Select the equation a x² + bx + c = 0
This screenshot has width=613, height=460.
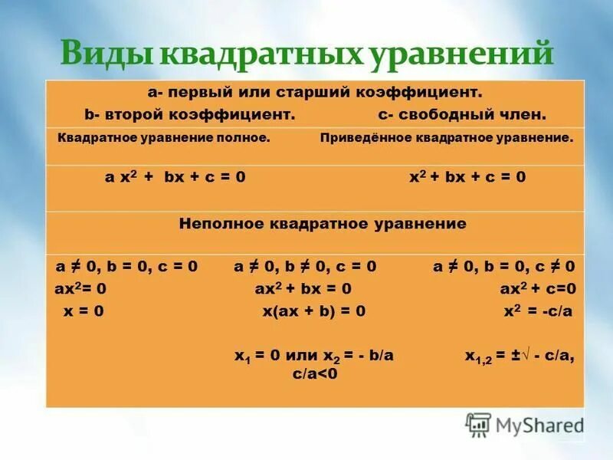pyautogui.click(x=175, y=177)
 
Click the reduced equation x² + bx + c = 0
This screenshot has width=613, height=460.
pyautogui.click(x=467, y=177)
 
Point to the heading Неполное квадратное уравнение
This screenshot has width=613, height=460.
pyautogui.click(x=323, y=225)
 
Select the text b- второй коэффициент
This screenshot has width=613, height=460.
pyautogui.click(x=190, y=114)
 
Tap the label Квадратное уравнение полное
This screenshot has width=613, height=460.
pyautogui.click(x=164, y=139)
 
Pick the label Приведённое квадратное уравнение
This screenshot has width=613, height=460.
pyautogui.click(x=446, y=139)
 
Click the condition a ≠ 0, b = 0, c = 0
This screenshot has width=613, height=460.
pyautogui.click(x=126, y=267)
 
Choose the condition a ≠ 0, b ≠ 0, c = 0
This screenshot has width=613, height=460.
pyautogui.click(x=305, y=267)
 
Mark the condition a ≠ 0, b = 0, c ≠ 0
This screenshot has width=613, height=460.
pyautogui.click(x=503, y=267)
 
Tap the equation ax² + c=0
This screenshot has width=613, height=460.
pyautogui.click(x=536, y=289)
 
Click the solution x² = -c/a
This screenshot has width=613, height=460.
pyautogui.click(x=538, y=311)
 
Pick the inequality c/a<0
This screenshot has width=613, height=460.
pyautogui.click(x=315, y=373)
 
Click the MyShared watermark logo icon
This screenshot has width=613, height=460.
pyautogui.click(x=479, y=424)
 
